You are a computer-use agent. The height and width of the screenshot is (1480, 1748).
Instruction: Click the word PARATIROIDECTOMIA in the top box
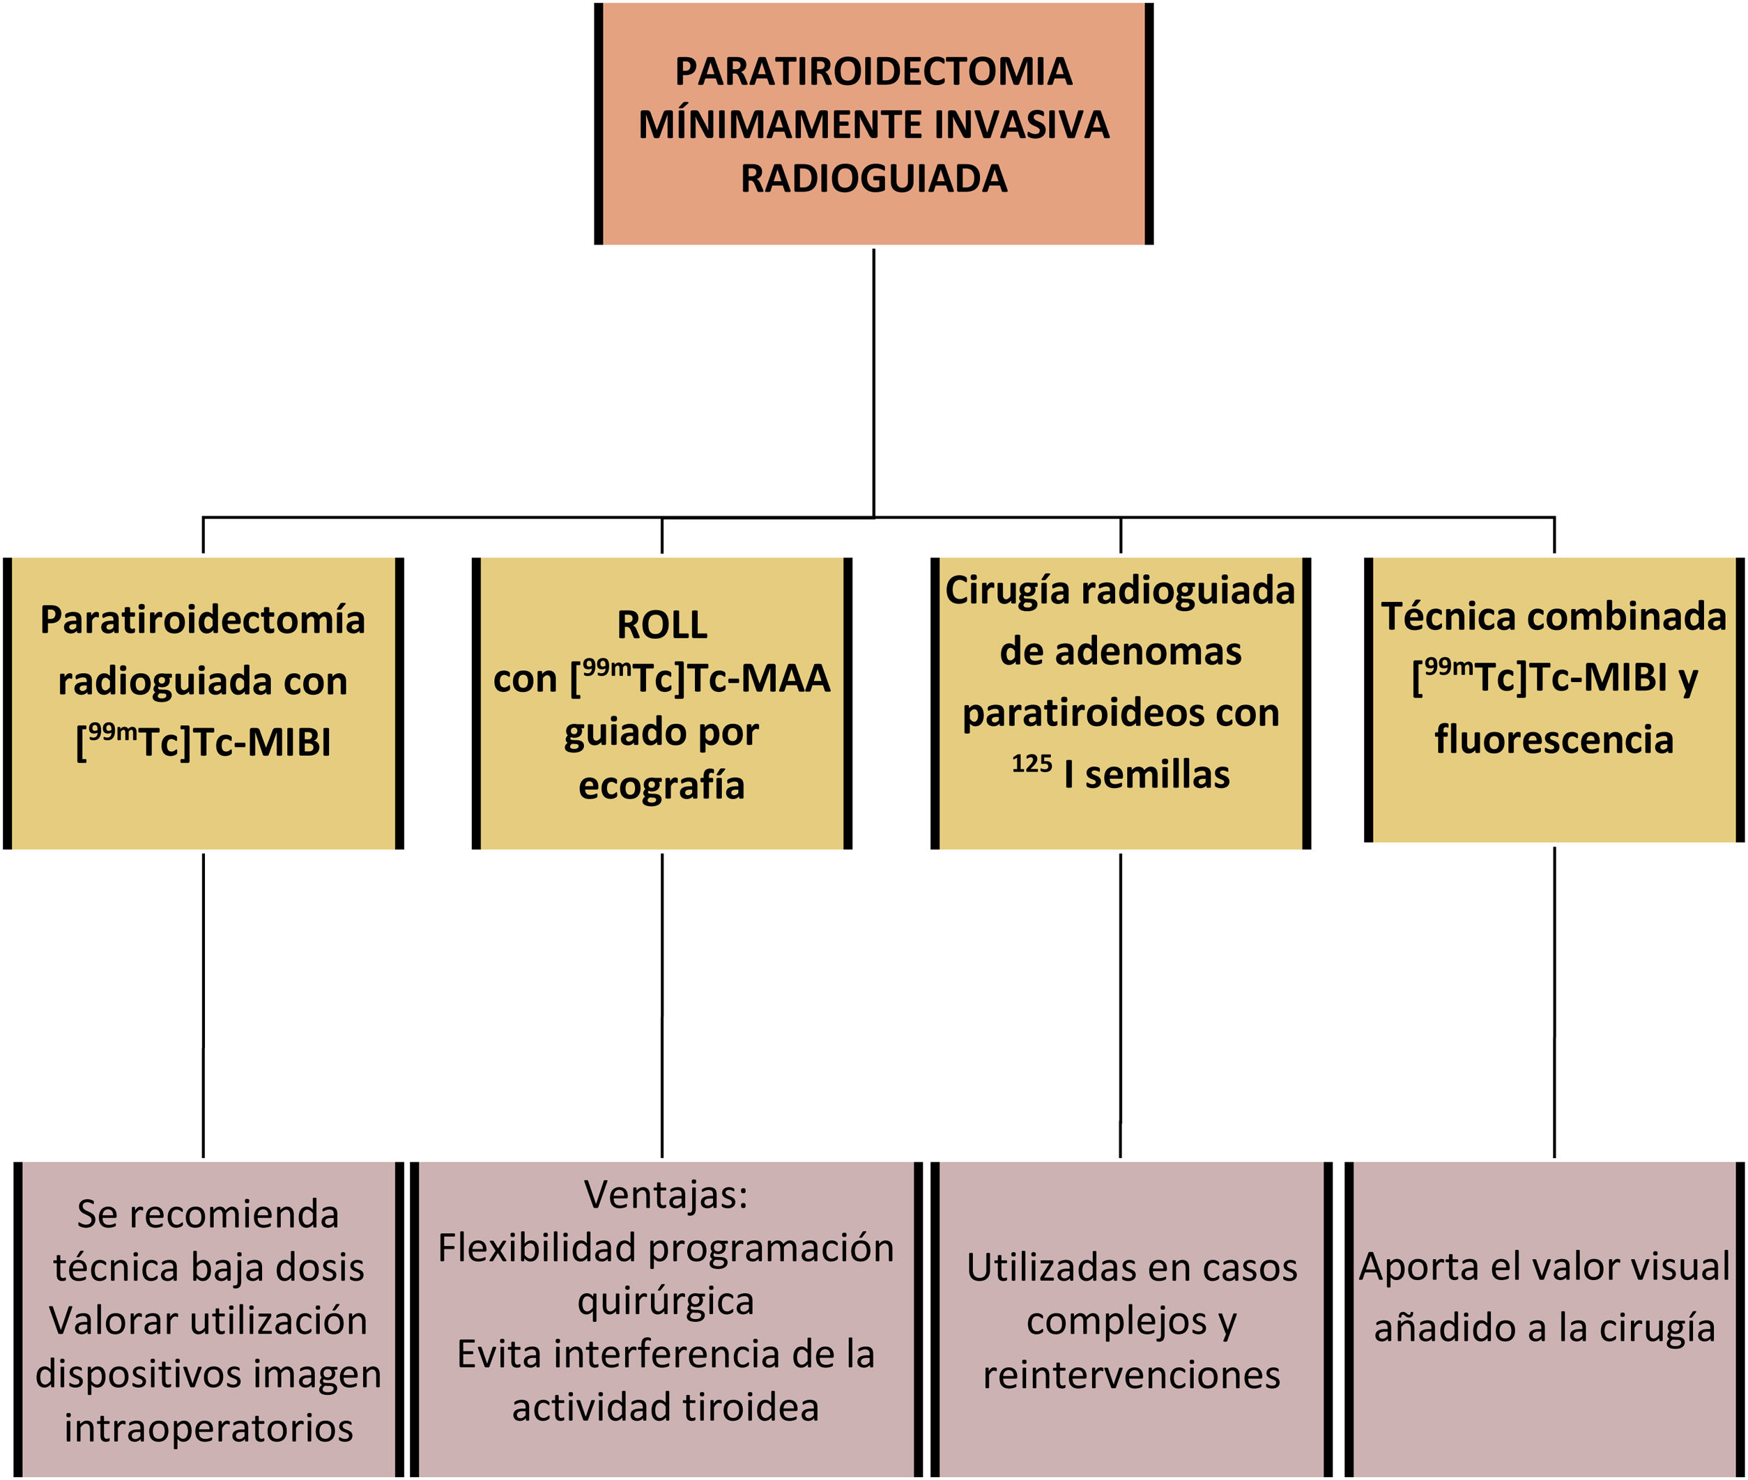pyautogui.click(x=873, y=71)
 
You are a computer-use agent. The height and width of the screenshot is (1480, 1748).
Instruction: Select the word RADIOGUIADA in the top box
pyautogui.click(x=873, y=178)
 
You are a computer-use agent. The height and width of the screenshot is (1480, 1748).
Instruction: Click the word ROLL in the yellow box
pyautogui.click(x=661, y=625)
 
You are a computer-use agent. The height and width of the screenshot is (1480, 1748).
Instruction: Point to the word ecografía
pyautogui.click(x=661, y=786)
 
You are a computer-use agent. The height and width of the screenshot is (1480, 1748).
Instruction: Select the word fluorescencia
pyautogui.click(x=1554, y=740)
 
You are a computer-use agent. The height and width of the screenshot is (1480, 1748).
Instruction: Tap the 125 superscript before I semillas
pyautogui.click(x=1032, y=764)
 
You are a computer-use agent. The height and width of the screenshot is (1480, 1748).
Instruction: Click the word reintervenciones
pyautogui.click(x=1131, y=1375)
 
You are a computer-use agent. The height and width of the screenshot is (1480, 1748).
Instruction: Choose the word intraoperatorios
pyautogui.click(x=208, y=1428)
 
